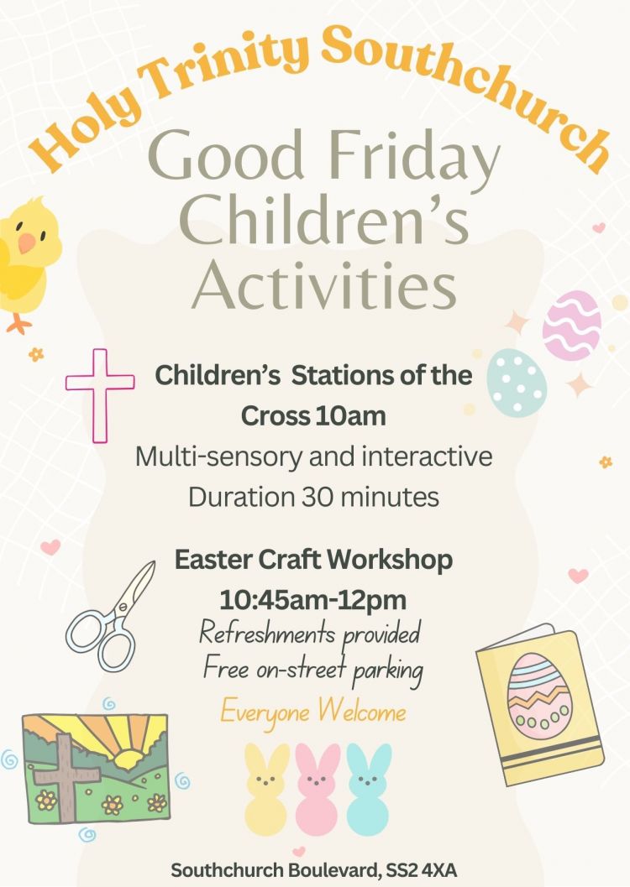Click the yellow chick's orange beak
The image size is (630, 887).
(27, 243)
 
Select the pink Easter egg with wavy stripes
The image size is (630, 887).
(572, 326)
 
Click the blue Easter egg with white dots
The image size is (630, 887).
(517, 383)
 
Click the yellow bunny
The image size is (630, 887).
(266, 789)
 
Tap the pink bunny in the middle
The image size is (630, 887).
(317, 789)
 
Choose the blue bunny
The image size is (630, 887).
(368, 789)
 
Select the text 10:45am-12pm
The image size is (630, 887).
(313, 600)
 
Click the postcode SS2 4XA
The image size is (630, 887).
(421, 869)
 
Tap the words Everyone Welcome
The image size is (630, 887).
(313, 712)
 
